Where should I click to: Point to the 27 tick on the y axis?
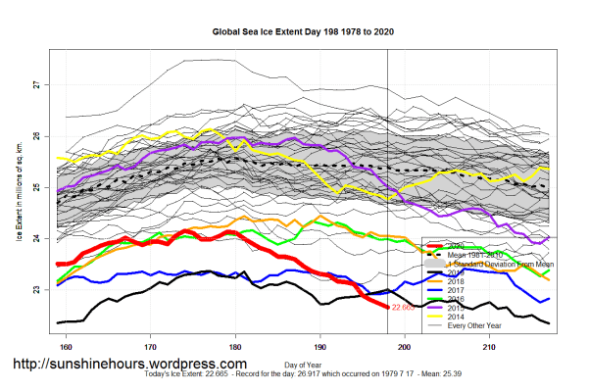pyautogui.click(x=36, y=85)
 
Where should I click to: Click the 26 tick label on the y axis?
pyautogui.click(x=36, y=136)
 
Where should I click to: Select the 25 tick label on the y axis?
pyautogui.click(x=36, y=187)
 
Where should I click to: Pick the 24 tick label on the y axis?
pyautogui.click(x=36, y=238)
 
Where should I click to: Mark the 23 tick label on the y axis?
pyautogui.click(x=36, y=290)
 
